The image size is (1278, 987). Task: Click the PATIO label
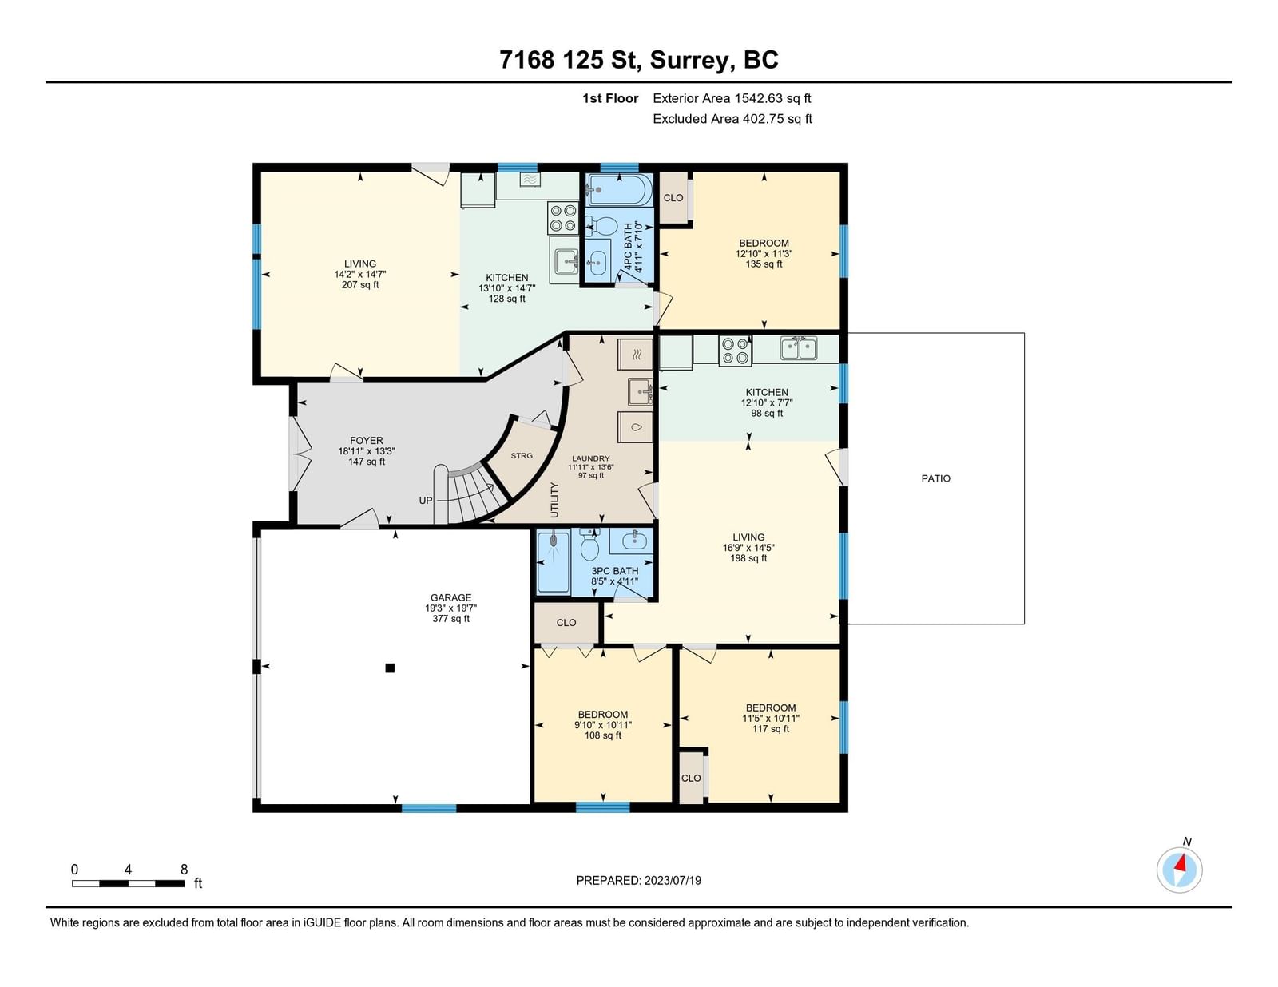point(935,478)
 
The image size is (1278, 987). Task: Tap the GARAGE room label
point(450,597)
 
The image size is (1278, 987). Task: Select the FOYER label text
point(366,440)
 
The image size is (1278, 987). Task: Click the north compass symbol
point(1179,869)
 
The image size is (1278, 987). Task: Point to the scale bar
point(129,883)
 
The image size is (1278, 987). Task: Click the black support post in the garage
point(389,668)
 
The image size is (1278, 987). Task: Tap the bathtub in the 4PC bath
point(619,190)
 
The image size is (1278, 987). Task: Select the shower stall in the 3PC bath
point(554,562)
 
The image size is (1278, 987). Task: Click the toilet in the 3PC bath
point(589,545)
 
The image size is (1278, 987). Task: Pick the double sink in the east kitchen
point(798,347)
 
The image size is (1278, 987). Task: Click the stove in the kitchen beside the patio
point(735,351)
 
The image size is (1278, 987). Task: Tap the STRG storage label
point(521,456)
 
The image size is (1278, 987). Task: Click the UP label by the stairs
point(425,500)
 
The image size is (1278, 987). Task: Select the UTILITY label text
point(554,500)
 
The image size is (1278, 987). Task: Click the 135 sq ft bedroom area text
point(764,264)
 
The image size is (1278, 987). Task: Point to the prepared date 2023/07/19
point(673,880)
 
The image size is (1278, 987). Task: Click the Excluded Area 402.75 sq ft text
point(732,119)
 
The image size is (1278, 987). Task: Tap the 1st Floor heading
point(610,98)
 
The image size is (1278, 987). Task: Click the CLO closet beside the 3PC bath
point(566,623)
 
